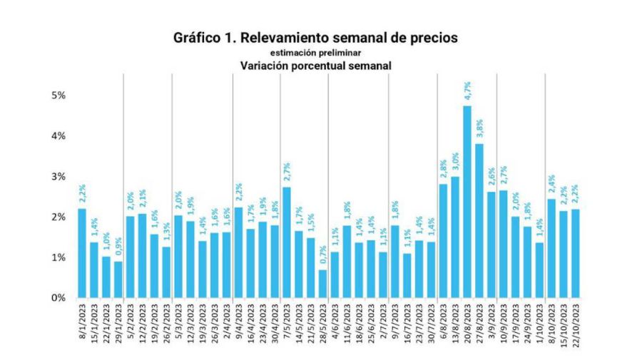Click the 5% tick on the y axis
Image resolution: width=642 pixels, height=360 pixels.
(57, 96)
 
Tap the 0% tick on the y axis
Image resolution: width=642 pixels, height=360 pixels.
(57, 297)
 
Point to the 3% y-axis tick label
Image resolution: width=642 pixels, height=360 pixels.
(57, 176)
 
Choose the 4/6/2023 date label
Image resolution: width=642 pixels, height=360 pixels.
(335, 324)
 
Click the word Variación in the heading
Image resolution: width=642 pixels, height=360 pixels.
(266, 65)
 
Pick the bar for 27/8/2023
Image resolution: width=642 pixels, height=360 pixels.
(479, 220)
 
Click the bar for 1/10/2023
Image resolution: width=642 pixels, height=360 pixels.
(539, 269)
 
